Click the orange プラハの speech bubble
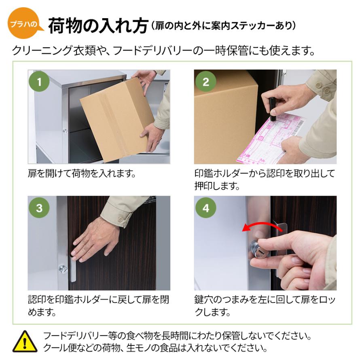[x=24, y=23]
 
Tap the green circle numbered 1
[x=39, y=81]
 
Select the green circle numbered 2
[x=206, y=81]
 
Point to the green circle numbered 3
[x=39, y=207]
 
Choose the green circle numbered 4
[x=206, y=207]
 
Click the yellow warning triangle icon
[x=25, y=342]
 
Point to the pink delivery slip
[x=271, y=138]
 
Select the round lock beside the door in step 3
[x=63, y=269]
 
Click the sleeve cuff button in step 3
[x=121, y=219]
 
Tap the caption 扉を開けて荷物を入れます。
[x=81, y=173]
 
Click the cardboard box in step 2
[x=226, y=116]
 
